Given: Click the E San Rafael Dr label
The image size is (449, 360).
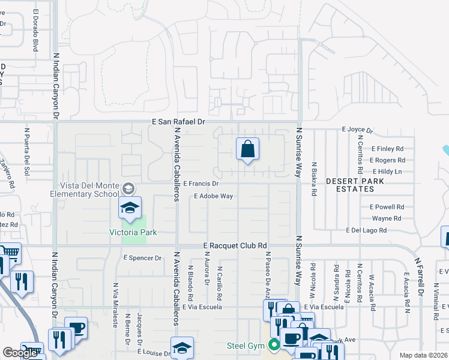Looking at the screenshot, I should [x=178, y=122].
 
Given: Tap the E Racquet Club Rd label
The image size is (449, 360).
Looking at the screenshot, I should [x=235, y=246].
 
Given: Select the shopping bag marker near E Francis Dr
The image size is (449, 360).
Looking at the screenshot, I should [x=247, y=149].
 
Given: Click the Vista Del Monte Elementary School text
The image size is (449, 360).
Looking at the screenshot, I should [x=89, y=190].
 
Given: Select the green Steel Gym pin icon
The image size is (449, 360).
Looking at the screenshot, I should [x=274, y=345].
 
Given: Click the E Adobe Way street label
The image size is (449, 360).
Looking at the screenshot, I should [x=213, y=196].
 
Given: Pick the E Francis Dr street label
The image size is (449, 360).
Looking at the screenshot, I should [x=201, y=184].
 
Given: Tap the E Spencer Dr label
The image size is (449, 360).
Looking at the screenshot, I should [x=142, y=258].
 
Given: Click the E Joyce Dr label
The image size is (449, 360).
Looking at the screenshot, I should [x=357, y=129].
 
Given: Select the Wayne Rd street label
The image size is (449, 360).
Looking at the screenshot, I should [x=387, y=218].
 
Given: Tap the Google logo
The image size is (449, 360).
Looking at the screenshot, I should [x=20, y=353].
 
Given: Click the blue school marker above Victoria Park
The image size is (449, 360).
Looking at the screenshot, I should [x=129, y=208].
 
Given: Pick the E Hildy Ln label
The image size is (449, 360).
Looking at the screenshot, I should [x=385, y=172].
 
